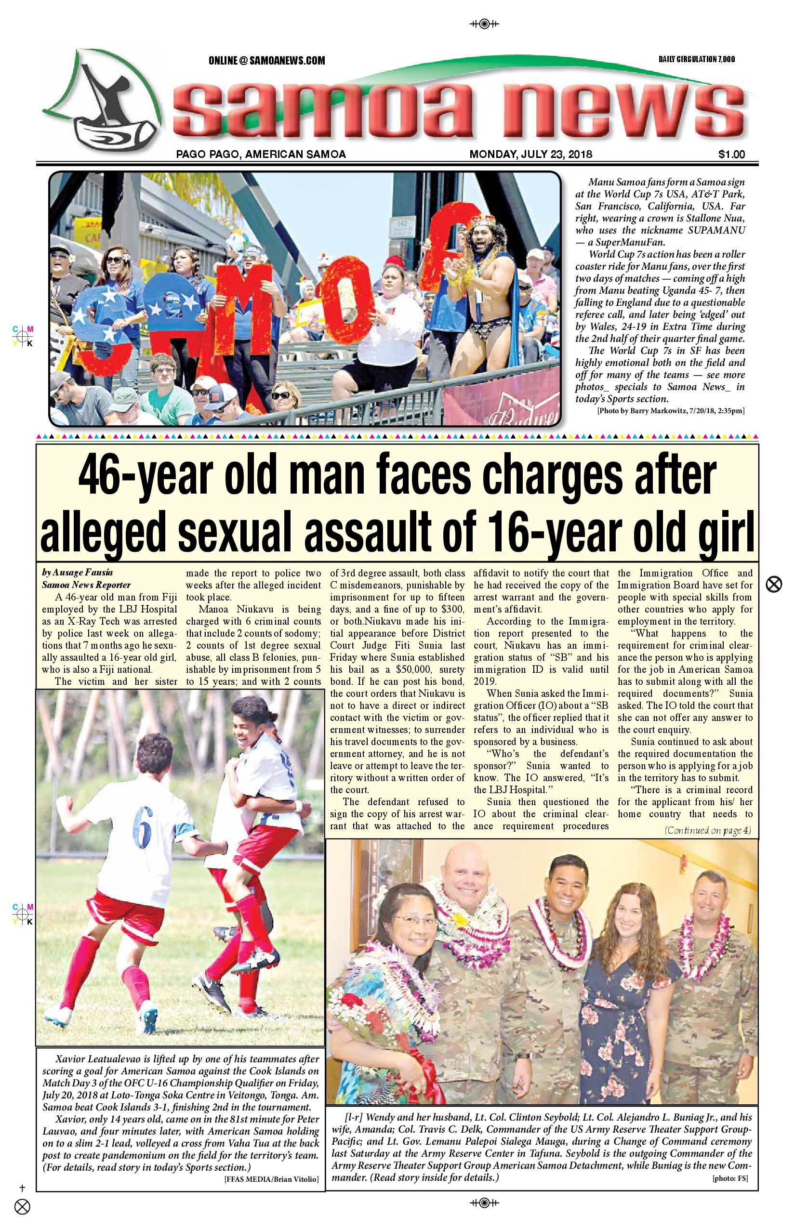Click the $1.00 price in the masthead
click(731, 154)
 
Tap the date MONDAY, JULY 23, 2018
click(530, 154)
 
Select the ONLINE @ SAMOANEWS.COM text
click(266, 60)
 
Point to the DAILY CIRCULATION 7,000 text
click(696, 59)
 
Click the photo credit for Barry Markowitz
click(670, 411)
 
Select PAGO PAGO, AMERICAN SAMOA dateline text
click(261, 154)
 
